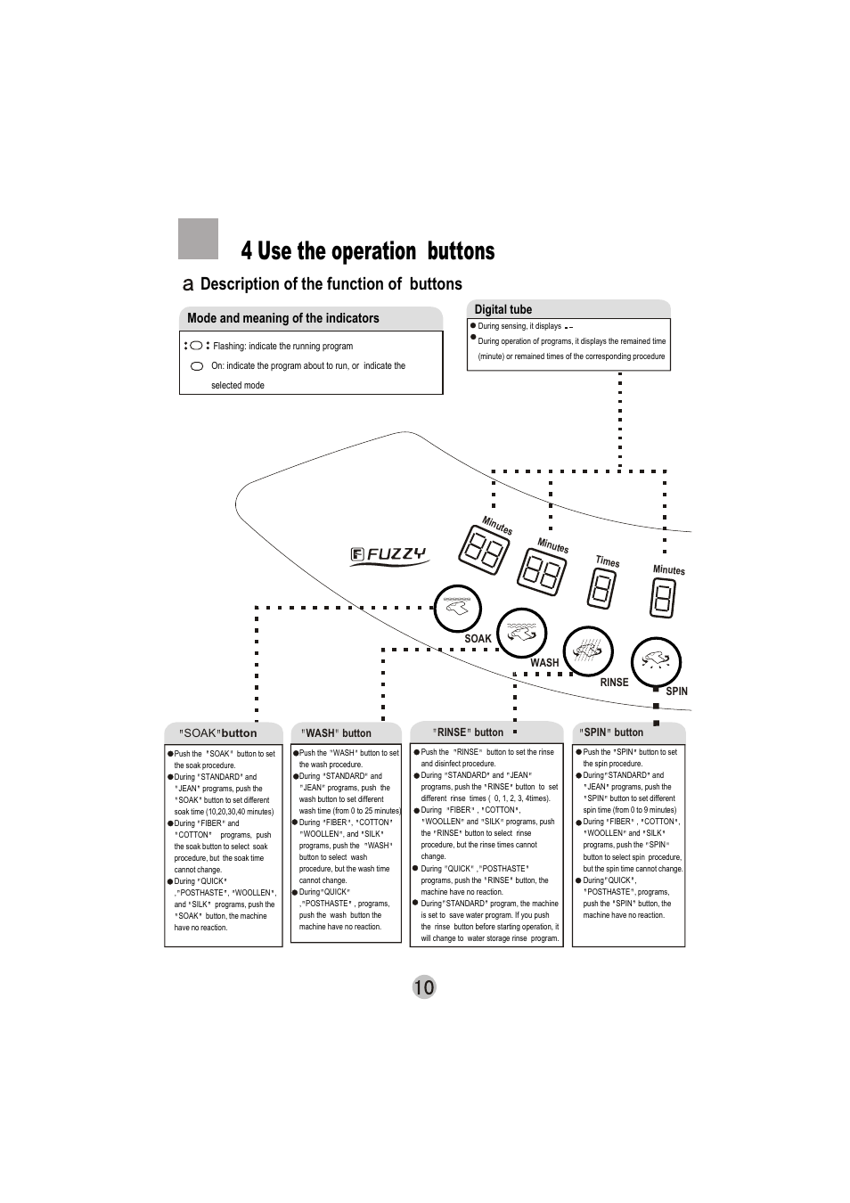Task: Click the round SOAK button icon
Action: tap(457, 609)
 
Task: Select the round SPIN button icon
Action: tap(656, 661)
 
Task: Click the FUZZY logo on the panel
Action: tap(388, 555)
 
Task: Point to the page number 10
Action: tap(424, 986)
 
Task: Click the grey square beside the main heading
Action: tap(198, 239)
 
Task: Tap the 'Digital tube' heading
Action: tap(503, 310)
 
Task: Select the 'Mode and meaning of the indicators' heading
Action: tap(282, 318)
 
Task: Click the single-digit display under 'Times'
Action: tap(602, 588)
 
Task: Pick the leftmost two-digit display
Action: tap(485, 550)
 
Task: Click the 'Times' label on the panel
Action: tap(608, 561)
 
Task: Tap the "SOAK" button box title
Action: tap(219, 733)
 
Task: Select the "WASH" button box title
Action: tap(336, 733)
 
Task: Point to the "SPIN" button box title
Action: tap(611, 732)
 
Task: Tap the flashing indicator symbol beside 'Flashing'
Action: tap(196, 346)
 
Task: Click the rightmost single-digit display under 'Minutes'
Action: tap(664, 598)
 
